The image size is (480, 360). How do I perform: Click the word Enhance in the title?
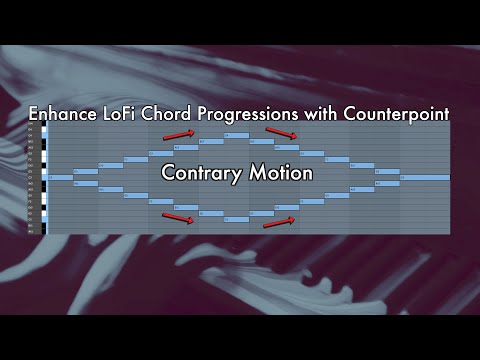tap(64, 114)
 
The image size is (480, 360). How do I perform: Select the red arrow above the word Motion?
tap(280, 132)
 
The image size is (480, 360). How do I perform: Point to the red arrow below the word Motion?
tap(279, 221)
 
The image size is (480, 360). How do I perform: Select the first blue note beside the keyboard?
tap(60, 177)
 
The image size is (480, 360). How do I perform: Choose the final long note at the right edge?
tap(424, 177)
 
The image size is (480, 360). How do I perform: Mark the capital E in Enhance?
tap(35, 114)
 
